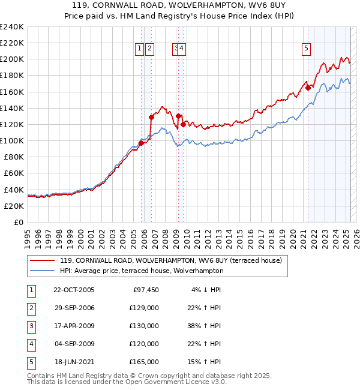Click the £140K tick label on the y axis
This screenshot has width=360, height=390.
(x=11, y=108)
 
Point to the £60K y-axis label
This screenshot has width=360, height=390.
(x=13, y=173)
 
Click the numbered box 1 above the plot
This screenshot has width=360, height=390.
(x=139, y=49)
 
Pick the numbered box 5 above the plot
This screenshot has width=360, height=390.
(x=306, y=49)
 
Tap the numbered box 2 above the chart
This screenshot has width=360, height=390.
(x=149, y=49)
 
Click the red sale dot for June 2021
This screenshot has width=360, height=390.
(x=308, y=88)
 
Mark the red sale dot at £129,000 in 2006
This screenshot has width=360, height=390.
(x=152, y=117)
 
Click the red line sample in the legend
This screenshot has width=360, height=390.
(x=43, y=260)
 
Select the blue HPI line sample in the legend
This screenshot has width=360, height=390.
(x=43, y=271)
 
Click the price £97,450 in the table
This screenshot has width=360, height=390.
(x=146, y=290)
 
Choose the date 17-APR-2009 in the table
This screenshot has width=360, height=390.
(x=74, y=326)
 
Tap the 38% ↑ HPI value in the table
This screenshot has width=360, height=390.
(x=206, y=326)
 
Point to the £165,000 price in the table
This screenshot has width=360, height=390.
(x=144, y=362)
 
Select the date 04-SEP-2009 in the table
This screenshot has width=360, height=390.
(x=74, y=344)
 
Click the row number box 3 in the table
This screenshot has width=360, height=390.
(x=30, y=326)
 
